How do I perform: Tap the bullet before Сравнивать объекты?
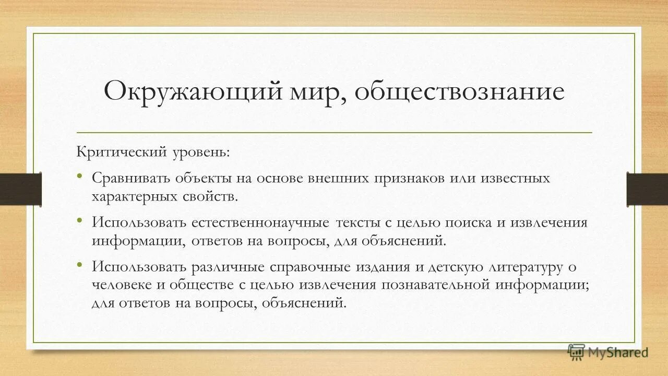80,176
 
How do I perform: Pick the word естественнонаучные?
259,222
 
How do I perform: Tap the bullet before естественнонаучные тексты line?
80,220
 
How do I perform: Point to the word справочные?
311,267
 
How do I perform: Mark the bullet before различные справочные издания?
80,265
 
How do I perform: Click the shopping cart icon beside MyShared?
576,352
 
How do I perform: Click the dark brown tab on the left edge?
21,188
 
